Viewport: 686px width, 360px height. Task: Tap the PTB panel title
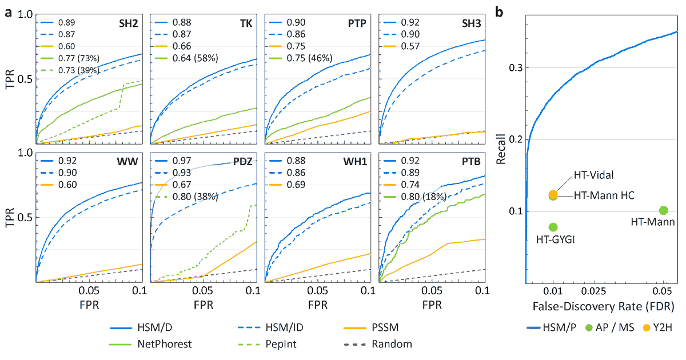point(473,163)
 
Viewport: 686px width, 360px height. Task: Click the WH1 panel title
point(357,163)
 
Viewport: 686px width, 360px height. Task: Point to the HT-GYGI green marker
point(553,227)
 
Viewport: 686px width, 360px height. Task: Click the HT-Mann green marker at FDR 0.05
point(664,211)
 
